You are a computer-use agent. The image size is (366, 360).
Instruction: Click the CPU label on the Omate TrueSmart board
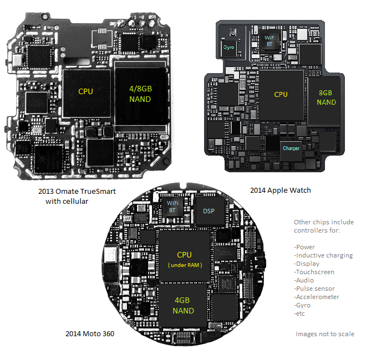click(x=85, y=91)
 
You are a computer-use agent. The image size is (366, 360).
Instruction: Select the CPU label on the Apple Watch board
click(x=281, y=94)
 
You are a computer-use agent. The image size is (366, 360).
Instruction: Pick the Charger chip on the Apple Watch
click(x=291, y=148)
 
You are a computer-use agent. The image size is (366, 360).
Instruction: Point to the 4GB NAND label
click(x=184, y=306)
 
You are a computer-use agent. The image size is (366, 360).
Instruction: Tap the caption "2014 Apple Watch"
click(x=280, y=190)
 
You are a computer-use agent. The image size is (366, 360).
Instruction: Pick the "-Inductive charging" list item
click(x=323, y=255)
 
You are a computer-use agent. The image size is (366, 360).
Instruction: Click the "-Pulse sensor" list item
click(x=314, y=289)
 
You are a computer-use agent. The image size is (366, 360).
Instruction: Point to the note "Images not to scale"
click(x=325, y=333)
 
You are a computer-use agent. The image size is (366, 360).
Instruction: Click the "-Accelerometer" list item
click(x=317, y=297)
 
